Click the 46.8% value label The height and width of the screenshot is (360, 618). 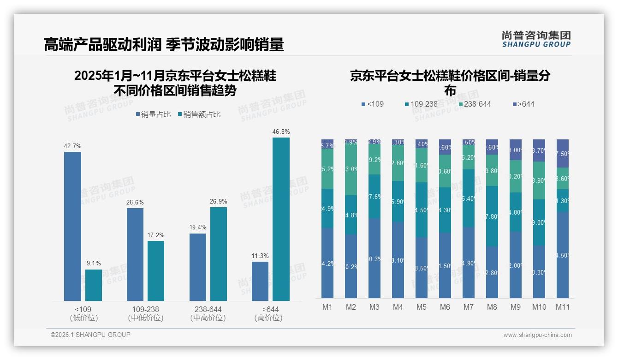point(281,132)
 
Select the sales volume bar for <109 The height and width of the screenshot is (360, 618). point(72,226)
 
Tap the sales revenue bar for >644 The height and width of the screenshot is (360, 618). point(281,219)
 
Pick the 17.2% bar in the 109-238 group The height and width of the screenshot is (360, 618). point(156,271)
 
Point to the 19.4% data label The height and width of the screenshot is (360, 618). point(198,228)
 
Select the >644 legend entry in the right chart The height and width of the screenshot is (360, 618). point(523,104)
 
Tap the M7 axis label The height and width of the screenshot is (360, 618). point(469,307)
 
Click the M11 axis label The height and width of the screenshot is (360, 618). point(562,307)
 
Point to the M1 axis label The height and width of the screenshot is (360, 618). point(327,307)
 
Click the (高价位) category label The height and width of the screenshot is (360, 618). point(268,318)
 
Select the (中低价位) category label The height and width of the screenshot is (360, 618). point(146,318)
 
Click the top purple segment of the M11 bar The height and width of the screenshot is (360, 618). point(562,153)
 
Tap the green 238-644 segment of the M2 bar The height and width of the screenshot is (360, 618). point(351,169)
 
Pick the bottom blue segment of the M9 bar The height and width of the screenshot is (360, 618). point(516,265)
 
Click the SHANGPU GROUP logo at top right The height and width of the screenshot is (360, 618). point(536,39)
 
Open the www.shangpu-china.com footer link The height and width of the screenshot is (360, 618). point(537,335)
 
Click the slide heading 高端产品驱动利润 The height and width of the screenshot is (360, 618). point(102,44)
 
